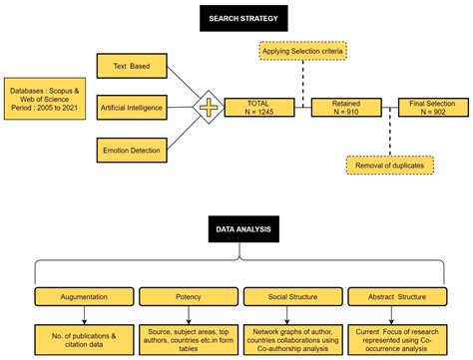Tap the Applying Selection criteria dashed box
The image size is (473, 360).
(x=306, y=49)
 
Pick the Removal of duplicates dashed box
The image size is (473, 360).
(x=389, y=166)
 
